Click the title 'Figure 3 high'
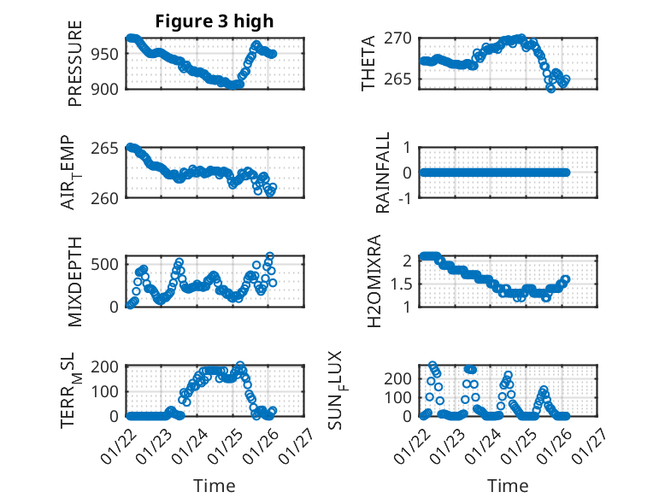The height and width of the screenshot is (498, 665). [x=214, y=21]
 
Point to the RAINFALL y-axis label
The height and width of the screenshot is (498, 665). [x=384, y=173]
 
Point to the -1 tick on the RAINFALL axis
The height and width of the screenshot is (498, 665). [x=406, y=198]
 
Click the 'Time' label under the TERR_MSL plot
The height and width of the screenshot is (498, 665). [x=214, y=486]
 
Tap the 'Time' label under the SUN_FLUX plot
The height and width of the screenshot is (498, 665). [x=509, y=486]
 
